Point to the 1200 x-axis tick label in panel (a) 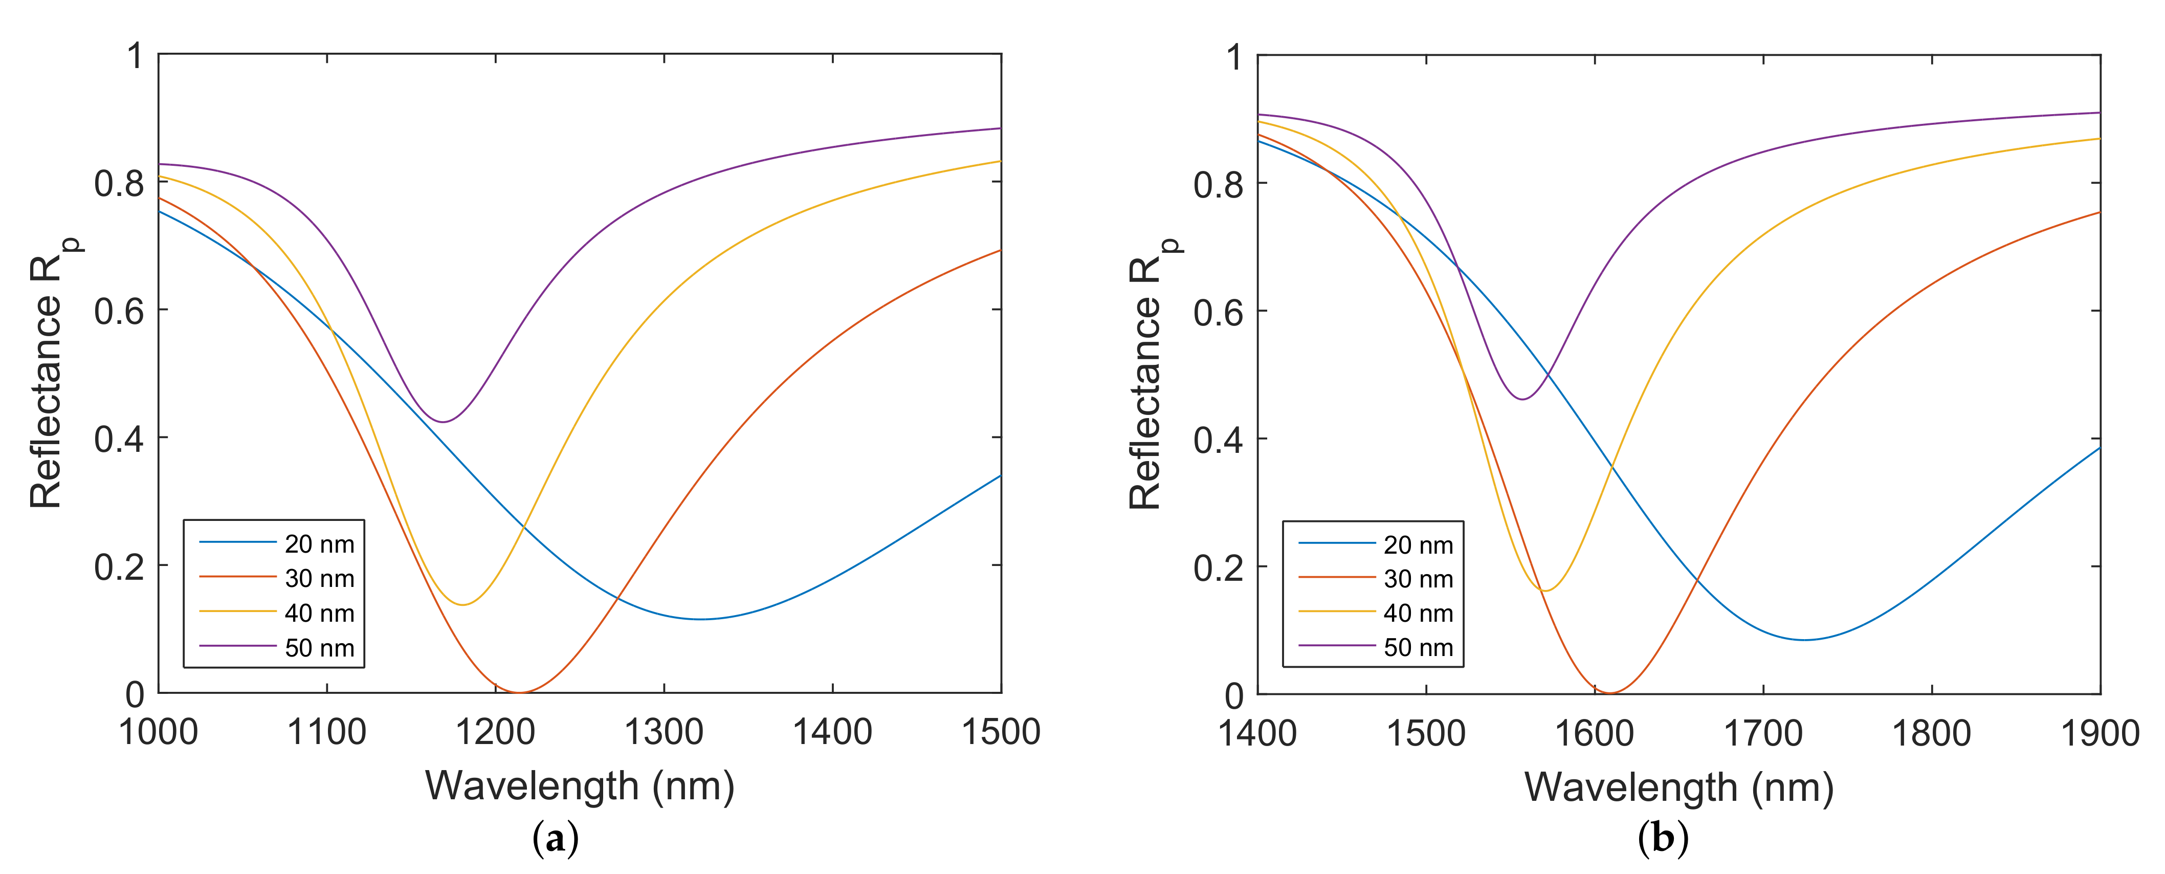[x=495, y=732]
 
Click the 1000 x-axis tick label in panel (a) [x=158, y=732]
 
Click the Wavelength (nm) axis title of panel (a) [x=580, y=786]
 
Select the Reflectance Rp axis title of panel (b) [x=1152, y=374]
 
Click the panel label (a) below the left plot [x=556, y=839]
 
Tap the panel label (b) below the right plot [x=1663, y=839]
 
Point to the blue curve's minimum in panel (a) [x=700, y=619]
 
